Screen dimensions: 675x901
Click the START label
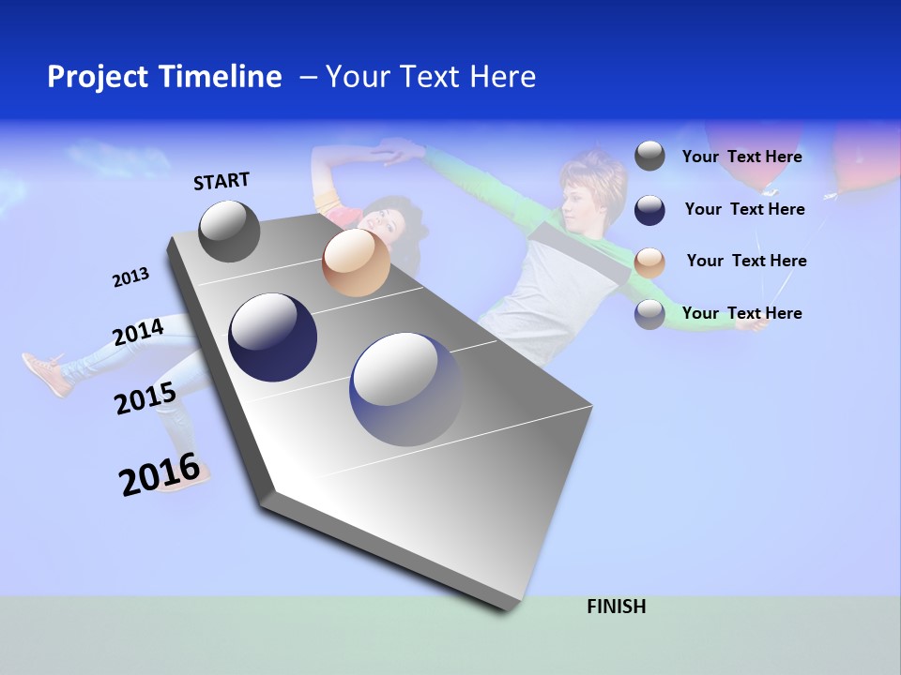tap(221, 181)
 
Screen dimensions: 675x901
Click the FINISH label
tap(616, 607)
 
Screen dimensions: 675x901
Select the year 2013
tap(130, 277)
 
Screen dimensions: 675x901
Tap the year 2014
tap(138, 333)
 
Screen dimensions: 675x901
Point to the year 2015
tap(145, 398)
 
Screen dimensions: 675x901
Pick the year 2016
tap(160, 474)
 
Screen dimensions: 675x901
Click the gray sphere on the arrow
tap(229, 231)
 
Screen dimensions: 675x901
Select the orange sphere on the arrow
tap(356, 262)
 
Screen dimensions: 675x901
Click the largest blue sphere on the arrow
tap(405, 389)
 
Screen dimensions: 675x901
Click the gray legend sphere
tap(649, 156)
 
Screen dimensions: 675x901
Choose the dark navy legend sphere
tap(649, 210)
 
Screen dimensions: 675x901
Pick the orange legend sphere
tap(649, 262)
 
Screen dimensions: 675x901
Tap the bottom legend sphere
tap(649, 314)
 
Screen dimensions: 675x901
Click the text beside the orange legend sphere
tap(746, 261)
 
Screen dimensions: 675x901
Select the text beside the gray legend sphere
tap(741, 157)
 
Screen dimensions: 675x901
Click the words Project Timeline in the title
tap(164, 77)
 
